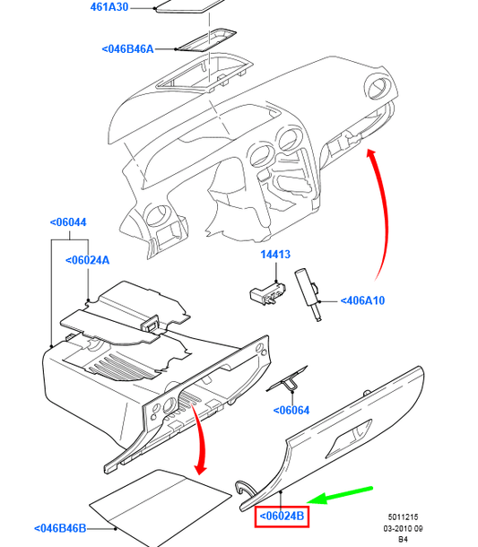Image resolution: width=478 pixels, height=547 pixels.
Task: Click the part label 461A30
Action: [109, 7]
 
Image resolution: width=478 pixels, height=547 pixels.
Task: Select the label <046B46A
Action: [127, 48]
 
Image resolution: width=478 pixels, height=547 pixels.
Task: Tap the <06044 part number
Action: [68, 222]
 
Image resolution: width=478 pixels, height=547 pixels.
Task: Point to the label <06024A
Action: [88, 260]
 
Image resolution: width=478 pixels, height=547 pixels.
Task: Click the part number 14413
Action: [275, 255]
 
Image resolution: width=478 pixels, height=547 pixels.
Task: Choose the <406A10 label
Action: [362, 300]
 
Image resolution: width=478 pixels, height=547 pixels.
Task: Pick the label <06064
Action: [291, 411]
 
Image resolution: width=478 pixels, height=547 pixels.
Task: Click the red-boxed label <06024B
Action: [282, 516]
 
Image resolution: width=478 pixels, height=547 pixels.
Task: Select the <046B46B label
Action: [60, 528]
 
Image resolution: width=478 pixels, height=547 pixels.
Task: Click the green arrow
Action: [340, 495]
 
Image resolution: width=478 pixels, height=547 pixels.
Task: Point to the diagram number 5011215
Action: [403, 517]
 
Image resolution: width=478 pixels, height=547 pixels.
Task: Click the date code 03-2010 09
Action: [403, 528]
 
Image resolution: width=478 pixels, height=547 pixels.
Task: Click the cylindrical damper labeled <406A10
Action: [309, 294]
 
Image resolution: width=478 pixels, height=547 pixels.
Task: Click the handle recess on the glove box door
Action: [348, 439]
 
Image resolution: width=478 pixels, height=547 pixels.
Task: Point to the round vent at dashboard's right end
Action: [378, 86]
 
